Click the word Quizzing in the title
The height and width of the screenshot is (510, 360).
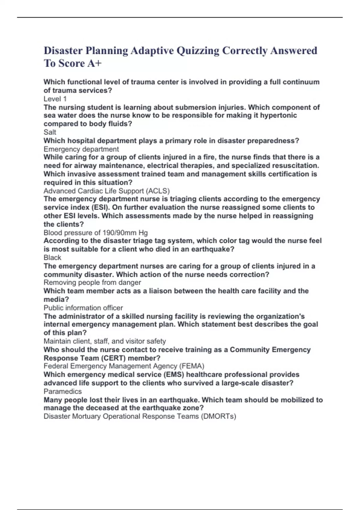(198, 51)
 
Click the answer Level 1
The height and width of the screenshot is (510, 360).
(55, 99)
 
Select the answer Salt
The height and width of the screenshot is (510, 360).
(50, 132)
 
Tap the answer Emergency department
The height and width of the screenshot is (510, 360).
(81, 149)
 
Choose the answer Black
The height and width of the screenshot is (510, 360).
(52, 258)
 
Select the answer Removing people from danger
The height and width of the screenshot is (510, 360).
(92, 283)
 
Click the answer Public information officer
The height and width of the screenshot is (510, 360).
(83, 308)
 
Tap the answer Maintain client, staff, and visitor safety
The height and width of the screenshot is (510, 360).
(105, 341)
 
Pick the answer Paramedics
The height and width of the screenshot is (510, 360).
(62, 391)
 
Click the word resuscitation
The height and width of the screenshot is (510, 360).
(296, 166)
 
